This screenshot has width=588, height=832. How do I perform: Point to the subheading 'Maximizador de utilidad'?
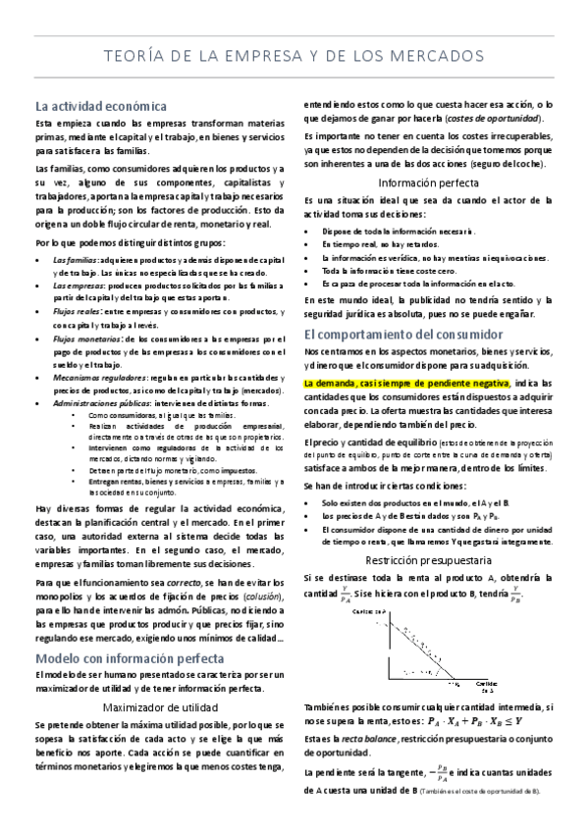point(157,705)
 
